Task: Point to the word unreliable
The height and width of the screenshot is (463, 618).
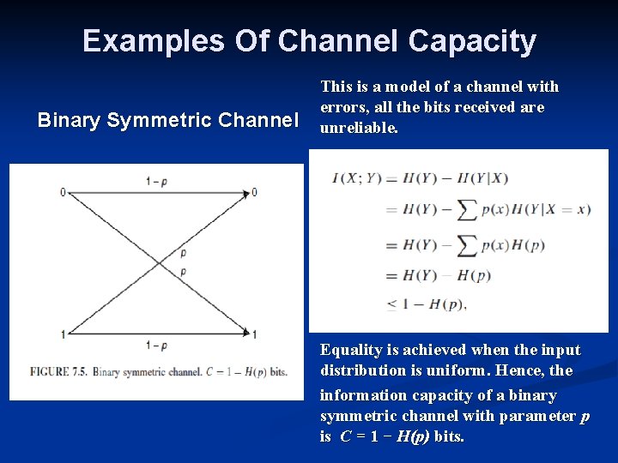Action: (359, 128)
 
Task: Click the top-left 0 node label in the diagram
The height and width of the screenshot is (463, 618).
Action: (63, 192)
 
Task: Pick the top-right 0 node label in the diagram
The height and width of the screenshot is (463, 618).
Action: (254, 192)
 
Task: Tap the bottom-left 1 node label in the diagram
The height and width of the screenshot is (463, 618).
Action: (63, 334)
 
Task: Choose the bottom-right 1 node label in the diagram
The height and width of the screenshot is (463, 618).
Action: (255, 334)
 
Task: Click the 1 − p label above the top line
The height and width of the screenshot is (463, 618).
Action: (157, 181)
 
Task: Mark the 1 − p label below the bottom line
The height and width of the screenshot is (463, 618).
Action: (157, 346)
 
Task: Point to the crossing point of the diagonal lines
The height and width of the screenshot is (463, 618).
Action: (159, 262)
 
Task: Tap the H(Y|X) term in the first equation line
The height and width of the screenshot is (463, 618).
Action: (485, 178)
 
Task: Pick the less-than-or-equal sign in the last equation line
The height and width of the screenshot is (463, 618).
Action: (391, 303)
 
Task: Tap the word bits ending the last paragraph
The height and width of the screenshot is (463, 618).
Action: (448, 436)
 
